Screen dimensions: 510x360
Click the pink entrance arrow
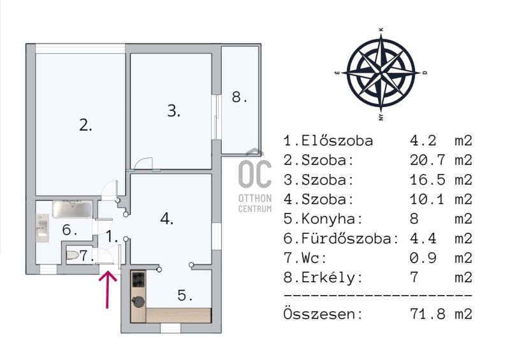point(107,289)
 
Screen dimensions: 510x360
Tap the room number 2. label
point(85,125)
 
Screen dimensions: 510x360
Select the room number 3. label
point(173,111)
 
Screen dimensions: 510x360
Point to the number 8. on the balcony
point(240,97)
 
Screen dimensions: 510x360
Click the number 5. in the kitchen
point(185,295)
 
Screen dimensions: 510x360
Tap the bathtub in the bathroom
point(72,210)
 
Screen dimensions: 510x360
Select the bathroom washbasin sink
point(42,228)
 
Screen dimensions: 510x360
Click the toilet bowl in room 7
point(72,256)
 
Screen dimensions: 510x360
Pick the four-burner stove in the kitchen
point(138,279)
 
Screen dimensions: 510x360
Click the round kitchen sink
point(138,301)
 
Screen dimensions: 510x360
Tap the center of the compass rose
point(381,73)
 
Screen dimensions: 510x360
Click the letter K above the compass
point(381,29)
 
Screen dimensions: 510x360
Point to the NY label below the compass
point(381,117)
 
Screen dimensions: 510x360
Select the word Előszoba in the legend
point(337,141)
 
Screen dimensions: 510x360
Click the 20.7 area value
point(427,160)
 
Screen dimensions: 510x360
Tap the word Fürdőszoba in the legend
point(350,238)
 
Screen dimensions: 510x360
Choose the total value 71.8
point(427,314)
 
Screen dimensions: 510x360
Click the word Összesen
point(323,313)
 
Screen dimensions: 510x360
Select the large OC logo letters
point(255,174)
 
